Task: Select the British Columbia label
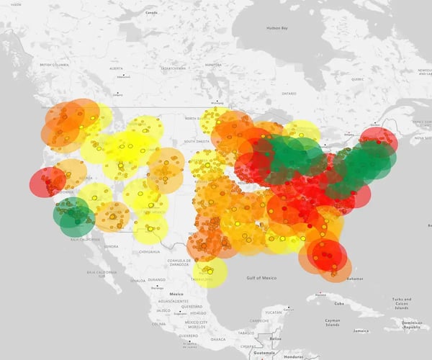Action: (55, 65)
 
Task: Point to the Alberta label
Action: (114, 68)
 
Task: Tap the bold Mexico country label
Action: (176, 294)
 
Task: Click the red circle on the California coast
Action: (48, 181)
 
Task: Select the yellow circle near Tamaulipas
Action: (210, 272)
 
